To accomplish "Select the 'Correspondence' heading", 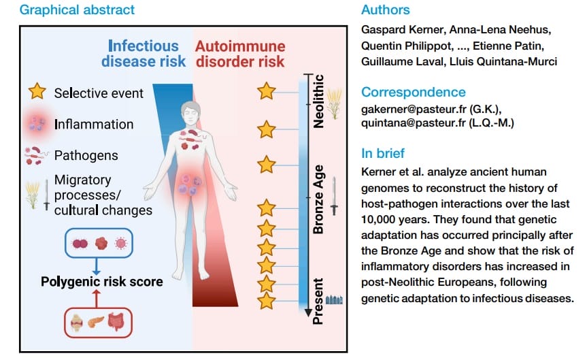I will [x=413, y=92].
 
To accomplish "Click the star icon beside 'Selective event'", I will [x=37, y=91].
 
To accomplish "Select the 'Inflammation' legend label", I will [x=94, y=125].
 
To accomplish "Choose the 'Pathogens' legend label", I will [x=86, y=155].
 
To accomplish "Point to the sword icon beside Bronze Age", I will [x=335, y=195].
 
